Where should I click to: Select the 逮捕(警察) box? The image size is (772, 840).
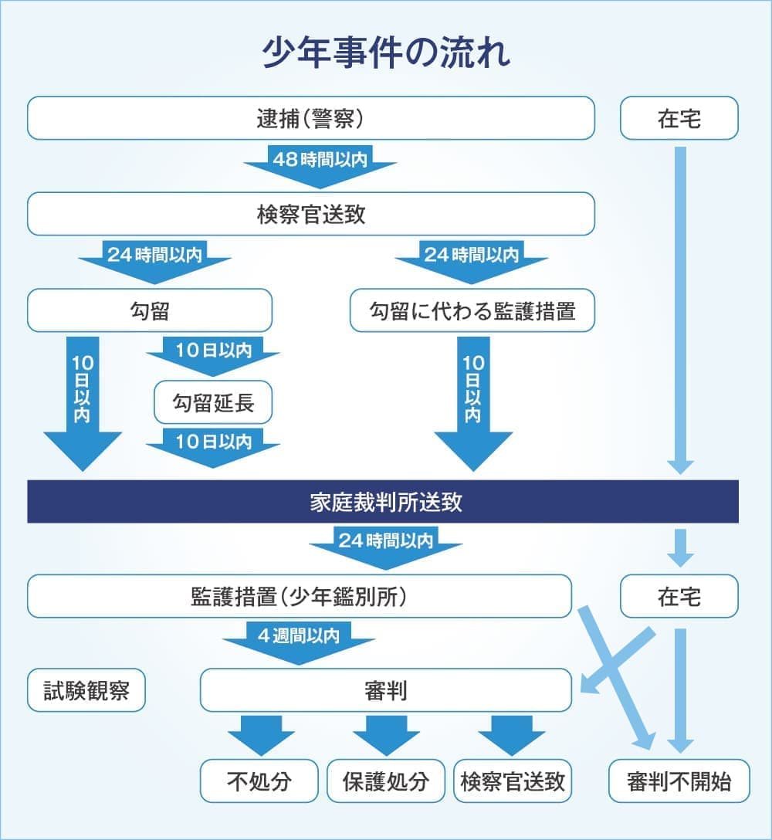click(310, 118)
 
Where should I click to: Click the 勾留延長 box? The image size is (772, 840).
click(213, 402)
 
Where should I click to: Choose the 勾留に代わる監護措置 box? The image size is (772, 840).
click(472, 310)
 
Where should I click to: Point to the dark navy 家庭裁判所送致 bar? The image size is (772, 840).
click(383, 502)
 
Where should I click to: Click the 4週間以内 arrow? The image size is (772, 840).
click(298, 640)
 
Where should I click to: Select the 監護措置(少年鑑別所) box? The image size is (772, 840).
click(300, 596)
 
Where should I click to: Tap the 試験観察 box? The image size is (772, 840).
click(86, 690)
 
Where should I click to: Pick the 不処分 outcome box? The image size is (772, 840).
click(259, 781)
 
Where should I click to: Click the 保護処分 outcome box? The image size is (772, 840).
click(386, 781)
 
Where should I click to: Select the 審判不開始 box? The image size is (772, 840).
click(679, 781)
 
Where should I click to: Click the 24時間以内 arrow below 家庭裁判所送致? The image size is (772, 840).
click(386, 544)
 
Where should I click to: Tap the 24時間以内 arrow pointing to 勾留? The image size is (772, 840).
click(154, 257)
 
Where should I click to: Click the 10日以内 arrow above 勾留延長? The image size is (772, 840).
click(213, 353)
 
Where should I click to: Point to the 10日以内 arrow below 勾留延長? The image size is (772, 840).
click(213, 445)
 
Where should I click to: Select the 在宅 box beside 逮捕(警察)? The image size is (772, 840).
click(679, 118)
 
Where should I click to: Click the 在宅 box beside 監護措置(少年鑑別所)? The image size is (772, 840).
click(679, 596)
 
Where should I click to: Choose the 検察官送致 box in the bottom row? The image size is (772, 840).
click(513, 781)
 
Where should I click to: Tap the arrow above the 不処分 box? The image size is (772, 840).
click(259, 733)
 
